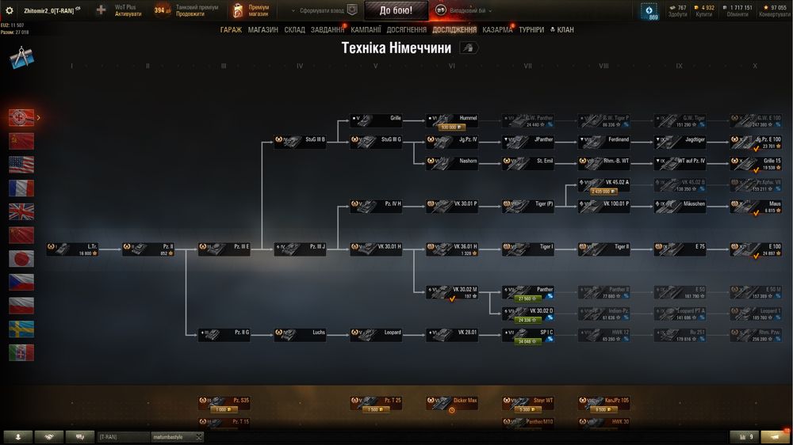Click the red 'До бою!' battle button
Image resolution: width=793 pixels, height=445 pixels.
click(396, 10)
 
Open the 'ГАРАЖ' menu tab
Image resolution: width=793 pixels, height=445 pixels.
click(231, 29)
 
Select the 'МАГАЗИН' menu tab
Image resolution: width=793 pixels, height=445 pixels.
click(262, 29)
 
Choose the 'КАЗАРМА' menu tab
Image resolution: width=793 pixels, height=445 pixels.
click(497, 29)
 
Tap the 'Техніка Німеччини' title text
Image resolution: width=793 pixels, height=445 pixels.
click(396, 48)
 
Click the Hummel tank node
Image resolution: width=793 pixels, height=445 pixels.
click(452, 120)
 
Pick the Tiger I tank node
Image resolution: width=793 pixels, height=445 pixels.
click(528, 249)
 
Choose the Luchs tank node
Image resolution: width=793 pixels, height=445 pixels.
click(300, 335)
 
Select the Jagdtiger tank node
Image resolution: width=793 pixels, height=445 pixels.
click(680, 142)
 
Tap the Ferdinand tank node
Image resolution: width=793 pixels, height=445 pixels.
click(603, 142)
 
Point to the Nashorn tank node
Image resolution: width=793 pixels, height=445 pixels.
click(452, 163)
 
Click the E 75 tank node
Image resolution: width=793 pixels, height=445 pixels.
click(680, 249)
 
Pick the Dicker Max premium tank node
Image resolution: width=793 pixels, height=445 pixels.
click(452, 403)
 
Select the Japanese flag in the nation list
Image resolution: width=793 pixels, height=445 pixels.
click(21, 259)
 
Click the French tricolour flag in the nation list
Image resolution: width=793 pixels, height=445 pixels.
click(21, 188)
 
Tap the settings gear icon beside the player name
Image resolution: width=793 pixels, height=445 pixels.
click(10, 10)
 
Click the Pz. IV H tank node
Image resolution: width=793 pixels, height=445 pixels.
click(376, 206)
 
